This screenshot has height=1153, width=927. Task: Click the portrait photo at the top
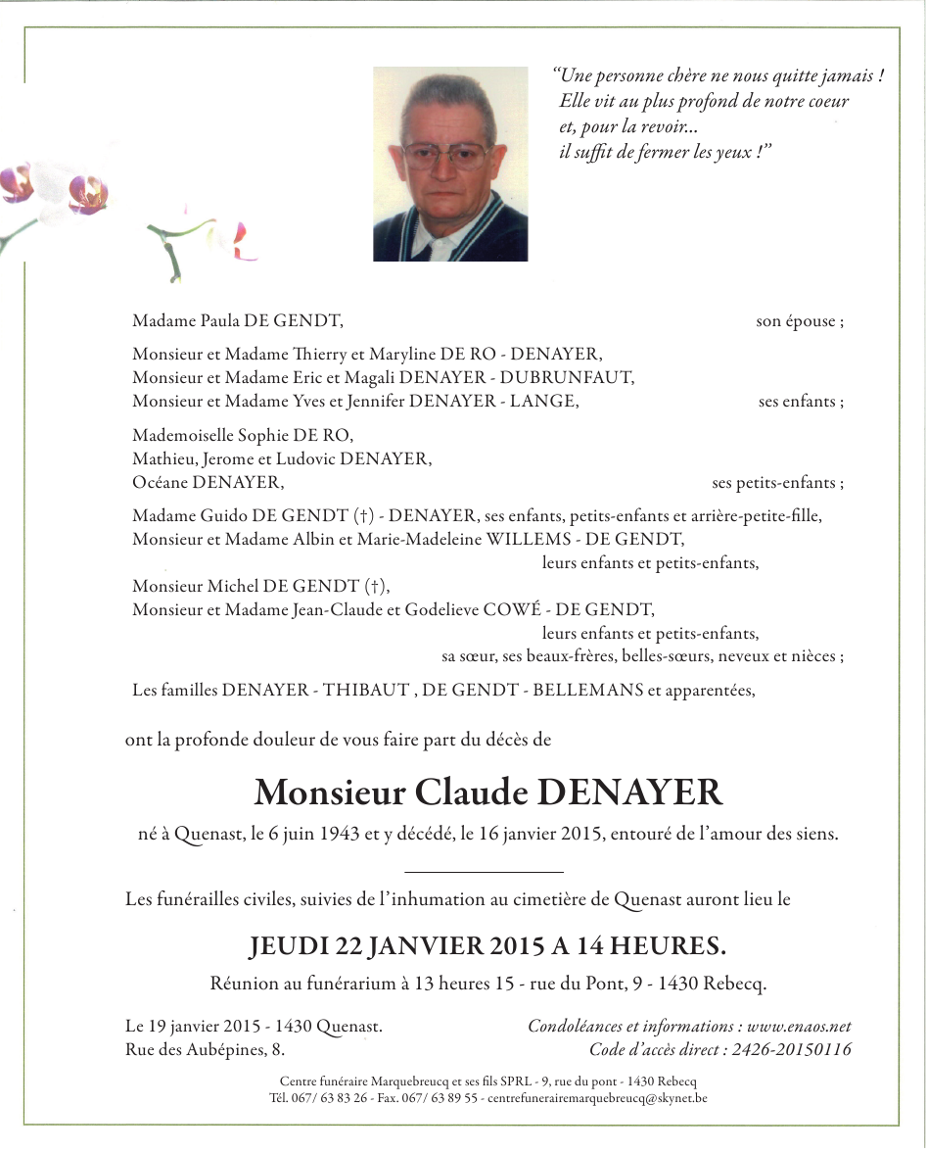pyautogui.click(x=450, y=164)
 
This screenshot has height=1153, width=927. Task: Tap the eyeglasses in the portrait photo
pyautogui.click(x=446, y=155)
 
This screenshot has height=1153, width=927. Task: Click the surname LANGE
pyautogui.click(x=544, y=401)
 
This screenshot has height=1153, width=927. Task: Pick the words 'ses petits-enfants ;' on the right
pyautogui.click(x=777, y=482)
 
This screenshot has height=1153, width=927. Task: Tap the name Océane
pyautogui.click(x=160, y=482)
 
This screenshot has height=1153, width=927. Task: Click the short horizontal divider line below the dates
pyautogui.click(x=484, y=871)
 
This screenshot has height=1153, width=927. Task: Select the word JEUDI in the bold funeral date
pyautogui.click(x=289, y=946)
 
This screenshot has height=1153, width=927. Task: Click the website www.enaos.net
pyautogui.click(x=799, y=1027)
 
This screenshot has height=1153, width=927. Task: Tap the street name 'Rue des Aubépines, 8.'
pyautogui.click(x=206, y=1050)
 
